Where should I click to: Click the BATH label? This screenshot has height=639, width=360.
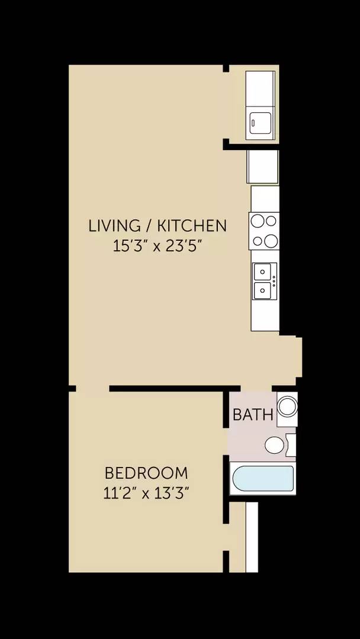253,415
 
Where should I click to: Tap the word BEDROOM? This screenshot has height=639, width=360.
146,473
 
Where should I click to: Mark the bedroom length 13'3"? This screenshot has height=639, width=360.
172,493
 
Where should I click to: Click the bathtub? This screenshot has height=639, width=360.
262,479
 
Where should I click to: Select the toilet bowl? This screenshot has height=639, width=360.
274,446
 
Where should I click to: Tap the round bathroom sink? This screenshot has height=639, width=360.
287,406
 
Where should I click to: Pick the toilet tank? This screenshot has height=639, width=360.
290,445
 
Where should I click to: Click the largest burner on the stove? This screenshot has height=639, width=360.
270,241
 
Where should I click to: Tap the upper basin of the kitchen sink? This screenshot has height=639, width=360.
262,272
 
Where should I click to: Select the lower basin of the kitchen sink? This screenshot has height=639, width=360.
262,291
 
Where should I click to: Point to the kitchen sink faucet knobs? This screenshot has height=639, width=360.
274,282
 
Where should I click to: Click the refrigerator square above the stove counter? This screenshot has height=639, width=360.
262,166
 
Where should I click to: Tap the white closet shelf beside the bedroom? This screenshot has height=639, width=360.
252,537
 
